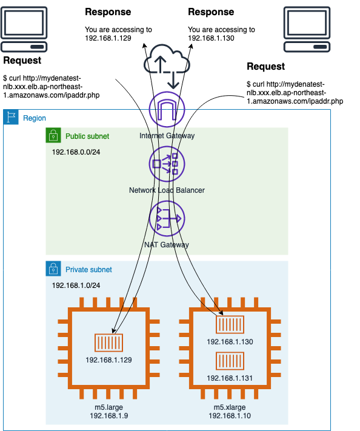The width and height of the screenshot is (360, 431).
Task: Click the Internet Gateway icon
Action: (x=167, y=109)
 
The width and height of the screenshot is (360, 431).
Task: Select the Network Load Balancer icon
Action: (x=167, y=164)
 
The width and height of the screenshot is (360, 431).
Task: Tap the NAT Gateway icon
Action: (x=167, y=219)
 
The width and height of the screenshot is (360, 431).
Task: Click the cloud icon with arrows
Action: (x=167, y=66)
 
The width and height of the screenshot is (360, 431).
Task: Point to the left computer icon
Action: (x=24, y=30)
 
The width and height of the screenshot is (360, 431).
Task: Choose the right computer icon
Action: (x=307, y=30)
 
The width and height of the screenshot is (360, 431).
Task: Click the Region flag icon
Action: (x=11, y=117)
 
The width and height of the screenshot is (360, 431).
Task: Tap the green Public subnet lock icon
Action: (x=53, y=135)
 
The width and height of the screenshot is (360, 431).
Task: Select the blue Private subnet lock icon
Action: (x=53, y=269)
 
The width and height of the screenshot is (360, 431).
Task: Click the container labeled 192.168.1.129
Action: (x=109, y=342)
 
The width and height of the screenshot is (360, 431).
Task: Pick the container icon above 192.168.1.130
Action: (x=230, y=324)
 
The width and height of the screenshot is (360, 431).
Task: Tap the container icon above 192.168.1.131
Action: (x=230, y=361)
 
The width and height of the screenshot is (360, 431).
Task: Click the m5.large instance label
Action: (x=109, y=407)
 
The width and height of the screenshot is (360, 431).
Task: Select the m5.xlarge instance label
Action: (x=230, y=407)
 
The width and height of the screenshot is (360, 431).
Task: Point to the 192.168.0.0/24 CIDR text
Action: (x=76, y=152)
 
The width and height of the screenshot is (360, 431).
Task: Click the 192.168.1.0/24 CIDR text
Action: (x=76, y=286)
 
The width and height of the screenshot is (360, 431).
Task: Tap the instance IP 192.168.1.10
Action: (x=230, y=416)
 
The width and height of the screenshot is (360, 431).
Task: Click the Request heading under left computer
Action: (x=22, y=60)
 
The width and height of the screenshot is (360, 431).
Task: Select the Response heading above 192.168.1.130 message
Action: (x=211, y=12)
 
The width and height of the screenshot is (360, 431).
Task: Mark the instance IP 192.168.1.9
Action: (x=109, y=416)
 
